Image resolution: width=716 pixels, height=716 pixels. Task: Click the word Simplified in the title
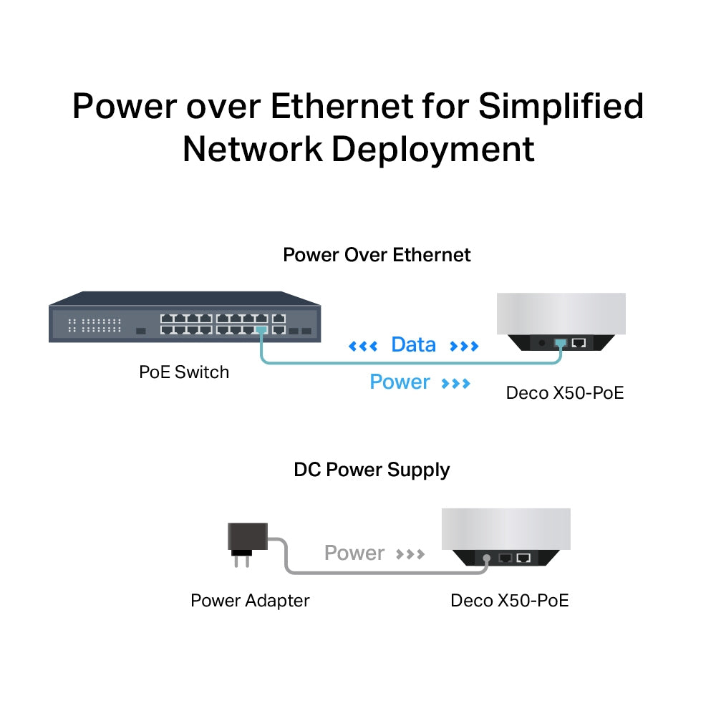561,107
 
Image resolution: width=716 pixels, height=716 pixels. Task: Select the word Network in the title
252,149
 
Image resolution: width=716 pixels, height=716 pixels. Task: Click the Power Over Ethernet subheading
377,255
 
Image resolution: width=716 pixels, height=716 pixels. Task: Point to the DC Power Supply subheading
372,470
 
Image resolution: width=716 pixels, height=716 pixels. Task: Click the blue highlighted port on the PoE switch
261,330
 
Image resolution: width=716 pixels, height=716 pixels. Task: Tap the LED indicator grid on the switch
95,326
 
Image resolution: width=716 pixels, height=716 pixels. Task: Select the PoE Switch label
184,372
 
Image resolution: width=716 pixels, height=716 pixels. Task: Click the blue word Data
413,345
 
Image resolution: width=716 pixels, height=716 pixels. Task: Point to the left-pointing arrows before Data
362,347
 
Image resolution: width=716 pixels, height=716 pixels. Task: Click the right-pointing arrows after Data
464,347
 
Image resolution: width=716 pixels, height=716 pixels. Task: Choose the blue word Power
400,382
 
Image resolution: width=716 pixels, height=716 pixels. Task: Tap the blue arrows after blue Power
456,384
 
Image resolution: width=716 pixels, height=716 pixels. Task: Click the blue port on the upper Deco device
560,343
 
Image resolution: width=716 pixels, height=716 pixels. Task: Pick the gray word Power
354,553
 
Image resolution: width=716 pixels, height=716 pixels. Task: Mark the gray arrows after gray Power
410,554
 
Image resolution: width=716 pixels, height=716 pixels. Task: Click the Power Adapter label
250,600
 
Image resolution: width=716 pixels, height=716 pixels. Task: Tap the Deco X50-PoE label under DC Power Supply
509,600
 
